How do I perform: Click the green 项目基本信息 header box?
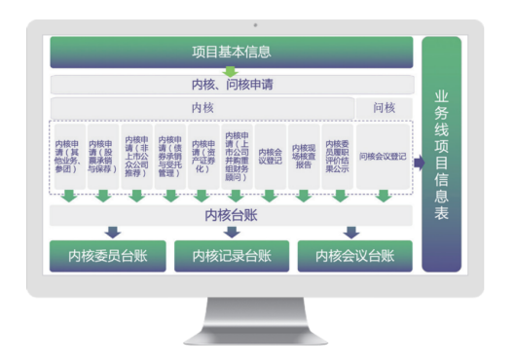point(232,53)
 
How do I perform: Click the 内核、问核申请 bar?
point(232,85)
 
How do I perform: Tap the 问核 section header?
point(385,107)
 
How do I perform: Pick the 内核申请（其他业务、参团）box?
point(67,155)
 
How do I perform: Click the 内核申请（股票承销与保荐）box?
point(101,155)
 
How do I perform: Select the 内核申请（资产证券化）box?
point(202,155)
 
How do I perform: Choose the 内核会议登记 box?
point(271,155)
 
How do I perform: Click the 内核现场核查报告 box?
point(304,155)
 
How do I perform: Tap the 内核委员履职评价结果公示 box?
point(337,155)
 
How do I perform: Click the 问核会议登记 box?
point(384,155)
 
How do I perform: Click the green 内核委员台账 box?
point(107,257)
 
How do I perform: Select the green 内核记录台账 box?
point(232,257)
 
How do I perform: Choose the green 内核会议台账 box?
point(355,257)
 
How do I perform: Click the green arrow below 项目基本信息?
point(232,71)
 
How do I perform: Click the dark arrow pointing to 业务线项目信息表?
point(420,163)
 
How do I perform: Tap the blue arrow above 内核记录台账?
point(232,233)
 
